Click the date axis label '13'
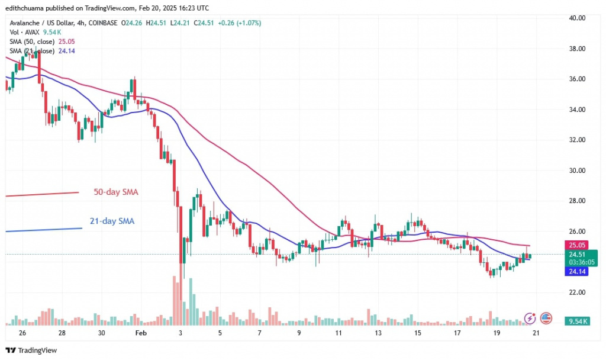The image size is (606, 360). click(x=378, y=333)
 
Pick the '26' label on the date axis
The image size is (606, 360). click(x=22, y=333)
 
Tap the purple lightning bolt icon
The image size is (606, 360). click(x=531, y=319)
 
